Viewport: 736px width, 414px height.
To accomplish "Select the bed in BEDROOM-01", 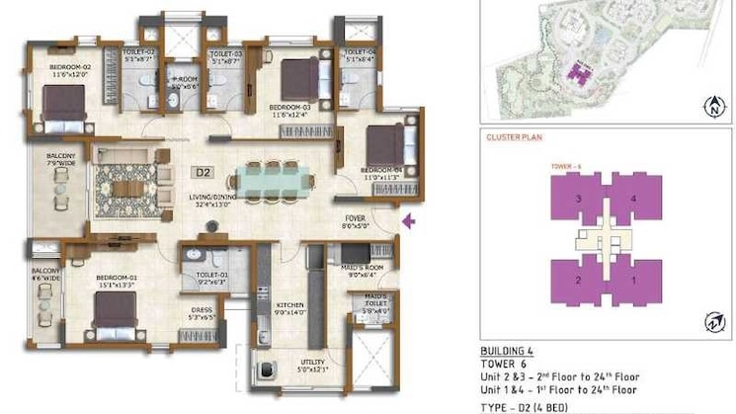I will (x=116, y=309).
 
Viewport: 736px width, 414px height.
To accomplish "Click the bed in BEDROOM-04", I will (x=386, y=146).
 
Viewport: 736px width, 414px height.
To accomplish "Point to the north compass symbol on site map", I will (x=713, y=104).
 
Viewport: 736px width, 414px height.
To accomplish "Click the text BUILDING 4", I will (x=508, y=351).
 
